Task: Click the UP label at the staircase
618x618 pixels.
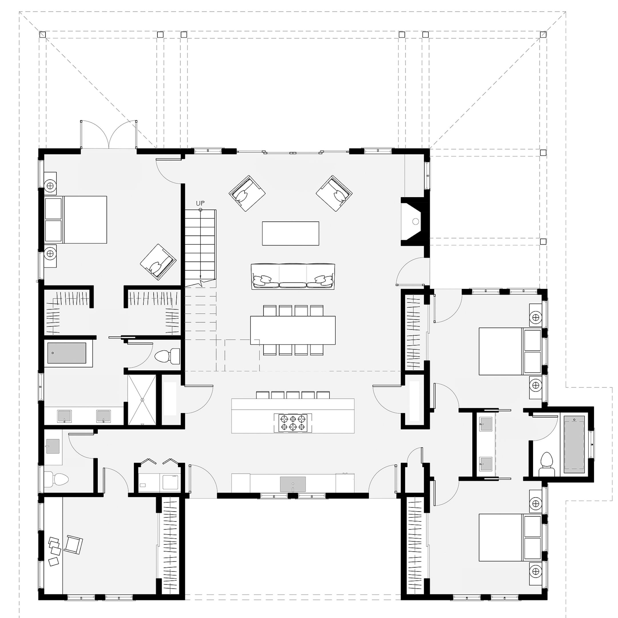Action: click(x=200, y=203)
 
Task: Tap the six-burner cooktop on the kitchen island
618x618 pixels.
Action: click(x=293, y=423)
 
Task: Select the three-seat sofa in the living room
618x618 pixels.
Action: click(x=293, y=277)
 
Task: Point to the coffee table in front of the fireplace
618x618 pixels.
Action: click(x=290, y=233)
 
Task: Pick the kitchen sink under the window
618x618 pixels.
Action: click(x=293, y=484)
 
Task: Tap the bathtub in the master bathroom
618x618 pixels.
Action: click(x=67, y=353)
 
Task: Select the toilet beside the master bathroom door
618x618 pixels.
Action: click(x=167, y=356)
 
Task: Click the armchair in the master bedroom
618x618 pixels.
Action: click(x=158, y=262)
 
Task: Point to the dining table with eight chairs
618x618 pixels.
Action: click(x=293, y=330)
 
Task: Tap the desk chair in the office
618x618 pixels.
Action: click(x=73, y=545)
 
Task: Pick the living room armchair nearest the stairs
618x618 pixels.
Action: click(x=247, y=193)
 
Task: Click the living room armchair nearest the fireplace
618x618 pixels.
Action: click(x=334, y=193)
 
